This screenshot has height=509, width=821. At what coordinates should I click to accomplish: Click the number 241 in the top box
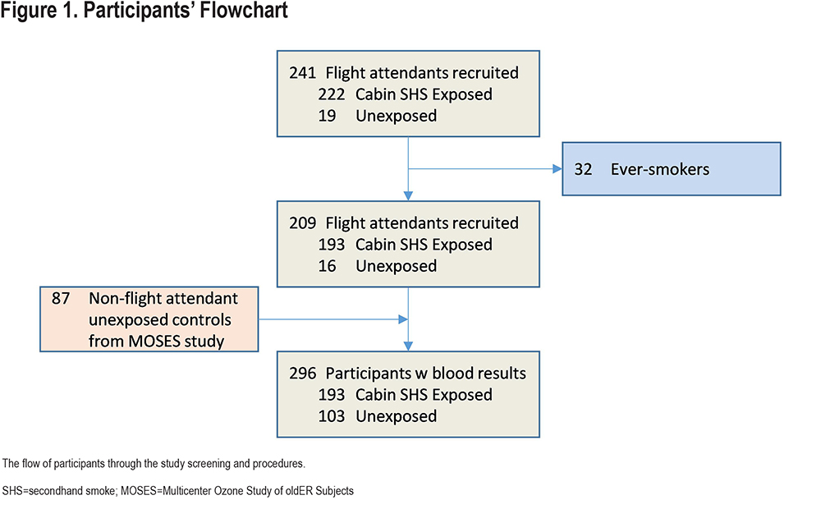pos(303,73)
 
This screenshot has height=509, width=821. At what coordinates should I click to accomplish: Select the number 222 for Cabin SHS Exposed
pos(332,94)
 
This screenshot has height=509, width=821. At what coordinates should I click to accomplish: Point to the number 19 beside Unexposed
pos(327,116)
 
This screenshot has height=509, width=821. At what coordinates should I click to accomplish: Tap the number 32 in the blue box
pos(583,169)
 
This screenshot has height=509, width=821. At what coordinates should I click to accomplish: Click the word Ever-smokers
pos(660,169)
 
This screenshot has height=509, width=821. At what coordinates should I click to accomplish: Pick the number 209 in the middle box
pos(303,223)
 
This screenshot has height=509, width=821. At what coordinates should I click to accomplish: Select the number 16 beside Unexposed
pos(327,266)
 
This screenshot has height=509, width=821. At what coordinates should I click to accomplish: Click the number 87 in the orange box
pos(61,299)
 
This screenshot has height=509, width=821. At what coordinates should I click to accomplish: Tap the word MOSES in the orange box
pos(154,342)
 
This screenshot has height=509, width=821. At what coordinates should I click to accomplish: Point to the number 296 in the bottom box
pos(303,374)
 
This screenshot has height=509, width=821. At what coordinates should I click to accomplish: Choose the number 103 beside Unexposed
pos(332,416)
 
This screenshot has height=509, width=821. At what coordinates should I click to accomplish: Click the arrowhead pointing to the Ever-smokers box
pos(557,168)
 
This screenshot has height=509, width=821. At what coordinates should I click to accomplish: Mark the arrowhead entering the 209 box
pos(408,196)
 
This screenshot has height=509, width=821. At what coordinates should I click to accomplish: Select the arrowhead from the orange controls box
pos(403,319)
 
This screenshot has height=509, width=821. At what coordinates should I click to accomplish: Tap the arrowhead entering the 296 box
pos(408,346)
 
